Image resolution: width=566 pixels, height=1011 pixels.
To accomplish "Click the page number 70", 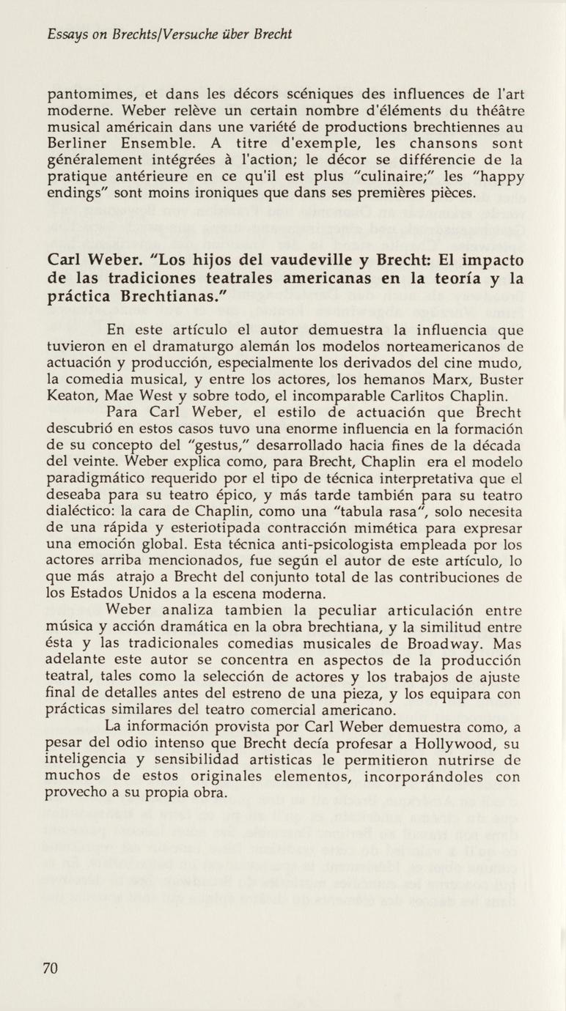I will point(51,968).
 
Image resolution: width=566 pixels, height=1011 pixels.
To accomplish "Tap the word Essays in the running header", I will point(66,34).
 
